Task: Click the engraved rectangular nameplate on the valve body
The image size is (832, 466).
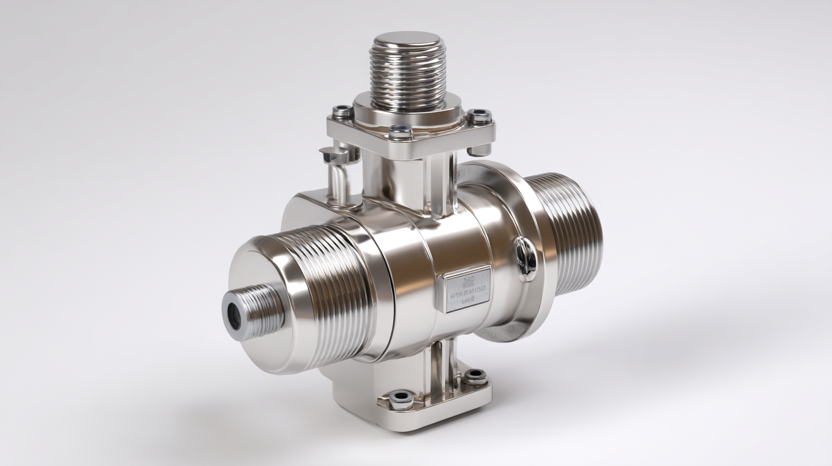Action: (x=468, y=289)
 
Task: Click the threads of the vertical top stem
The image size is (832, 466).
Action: (x=407, y=77)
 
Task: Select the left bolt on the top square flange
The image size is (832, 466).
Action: (x=342, y=111)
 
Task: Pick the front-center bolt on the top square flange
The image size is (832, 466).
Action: (x=401, y=133)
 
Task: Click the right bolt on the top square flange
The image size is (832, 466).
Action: (x=479, y=116)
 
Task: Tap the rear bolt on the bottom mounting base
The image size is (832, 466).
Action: (x=475, y=377)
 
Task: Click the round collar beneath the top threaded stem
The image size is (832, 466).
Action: (x=407, y=111)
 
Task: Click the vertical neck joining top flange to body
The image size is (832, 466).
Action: (x=409, y=180)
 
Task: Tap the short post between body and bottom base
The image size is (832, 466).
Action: (x=443, y=357)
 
